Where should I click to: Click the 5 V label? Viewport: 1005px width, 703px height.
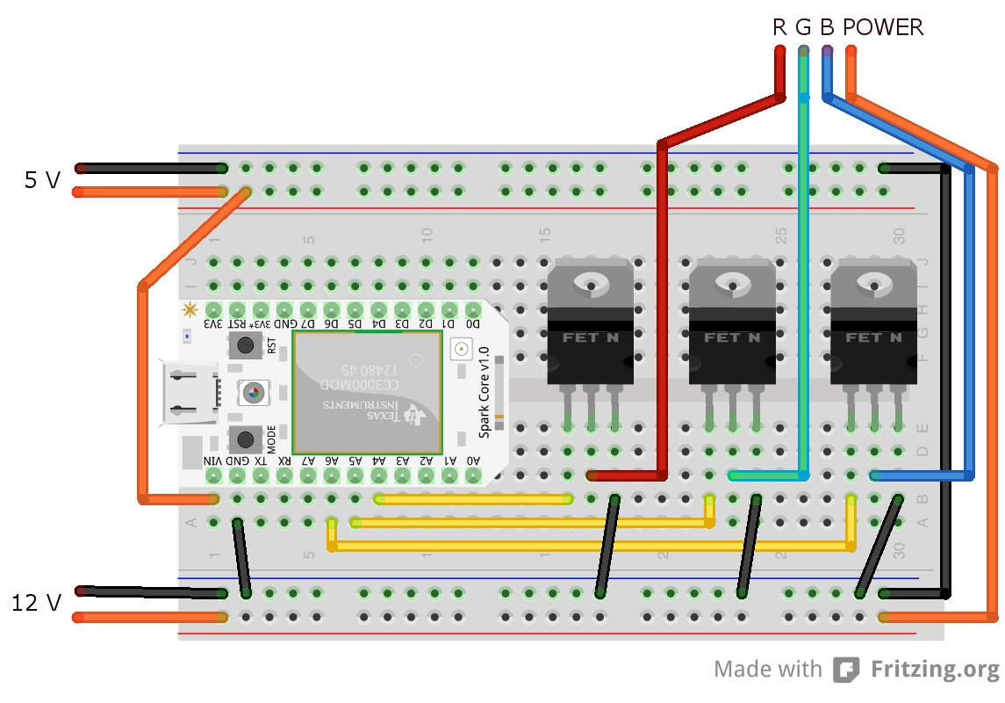42,181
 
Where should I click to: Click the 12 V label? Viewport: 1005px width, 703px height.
36,604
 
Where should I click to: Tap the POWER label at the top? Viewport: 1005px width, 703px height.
883,28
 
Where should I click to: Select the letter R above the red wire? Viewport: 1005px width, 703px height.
779,28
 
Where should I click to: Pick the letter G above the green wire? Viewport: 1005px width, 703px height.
803,28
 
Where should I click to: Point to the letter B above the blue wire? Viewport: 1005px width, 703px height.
827,28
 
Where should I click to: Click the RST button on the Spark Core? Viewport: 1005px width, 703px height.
247,346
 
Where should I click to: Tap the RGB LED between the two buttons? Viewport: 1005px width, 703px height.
253,393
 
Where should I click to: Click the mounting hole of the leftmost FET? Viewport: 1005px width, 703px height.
590,283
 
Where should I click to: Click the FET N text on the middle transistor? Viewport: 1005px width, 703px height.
732,337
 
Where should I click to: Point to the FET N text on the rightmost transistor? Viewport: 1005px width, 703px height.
873,337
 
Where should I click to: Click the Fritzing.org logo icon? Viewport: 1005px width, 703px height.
846,670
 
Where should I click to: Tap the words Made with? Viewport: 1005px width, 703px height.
767,670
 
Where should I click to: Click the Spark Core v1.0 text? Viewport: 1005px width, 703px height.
483,392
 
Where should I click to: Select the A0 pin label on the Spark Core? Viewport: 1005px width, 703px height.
473,460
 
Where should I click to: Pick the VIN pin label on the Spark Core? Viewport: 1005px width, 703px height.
213,460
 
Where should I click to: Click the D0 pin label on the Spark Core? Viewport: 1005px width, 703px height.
473,324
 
